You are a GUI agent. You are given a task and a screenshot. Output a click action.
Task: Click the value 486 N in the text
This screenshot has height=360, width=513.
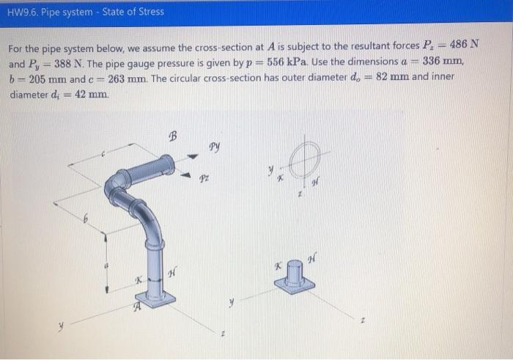(x=464, y=43)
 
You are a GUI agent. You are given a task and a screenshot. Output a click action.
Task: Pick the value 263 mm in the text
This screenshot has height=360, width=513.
(x=128, y=78)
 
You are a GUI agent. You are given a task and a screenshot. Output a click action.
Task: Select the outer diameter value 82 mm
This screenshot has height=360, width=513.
(x=392, y=76)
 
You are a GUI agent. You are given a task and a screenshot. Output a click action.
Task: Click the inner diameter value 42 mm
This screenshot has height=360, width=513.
(x=91, y=95)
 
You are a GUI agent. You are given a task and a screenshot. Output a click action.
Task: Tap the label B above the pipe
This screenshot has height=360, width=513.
(x=173, y=136)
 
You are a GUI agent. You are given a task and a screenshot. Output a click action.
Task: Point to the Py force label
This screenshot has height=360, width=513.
(x=214, y=147)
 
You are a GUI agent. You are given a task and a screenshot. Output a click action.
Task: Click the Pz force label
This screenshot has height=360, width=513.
(x=204, y=179)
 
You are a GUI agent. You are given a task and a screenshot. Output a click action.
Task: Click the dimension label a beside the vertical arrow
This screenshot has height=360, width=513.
(x=106, y=266)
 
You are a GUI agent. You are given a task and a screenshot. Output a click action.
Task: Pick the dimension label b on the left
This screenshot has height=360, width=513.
(x=86, y=218)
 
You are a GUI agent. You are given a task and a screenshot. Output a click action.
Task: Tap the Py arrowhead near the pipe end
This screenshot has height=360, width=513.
(x=193, y=156)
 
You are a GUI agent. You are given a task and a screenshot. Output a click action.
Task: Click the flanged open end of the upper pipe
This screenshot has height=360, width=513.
(x=168, y=165)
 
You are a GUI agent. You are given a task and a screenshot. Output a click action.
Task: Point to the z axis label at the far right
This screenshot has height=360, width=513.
(x=362, y=321)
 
